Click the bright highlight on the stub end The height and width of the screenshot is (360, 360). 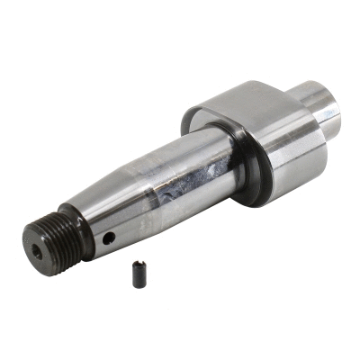(334, 113)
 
